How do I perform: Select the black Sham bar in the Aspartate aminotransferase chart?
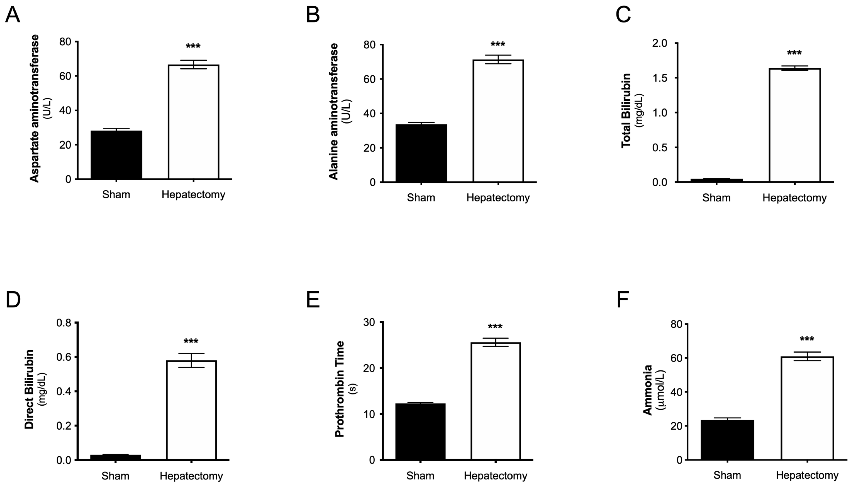(116, 155)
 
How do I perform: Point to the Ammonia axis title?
(648, 390)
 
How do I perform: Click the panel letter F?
(623, 300)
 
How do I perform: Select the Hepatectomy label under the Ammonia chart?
(807, 475)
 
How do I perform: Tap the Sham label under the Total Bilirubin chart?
(716, 198)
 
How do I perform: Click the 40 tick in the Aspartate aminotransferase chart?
(65, 111)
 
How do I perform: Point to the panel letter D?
(13, 300)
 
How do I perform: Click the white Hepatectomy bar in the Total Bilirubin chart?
(794, 125)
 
